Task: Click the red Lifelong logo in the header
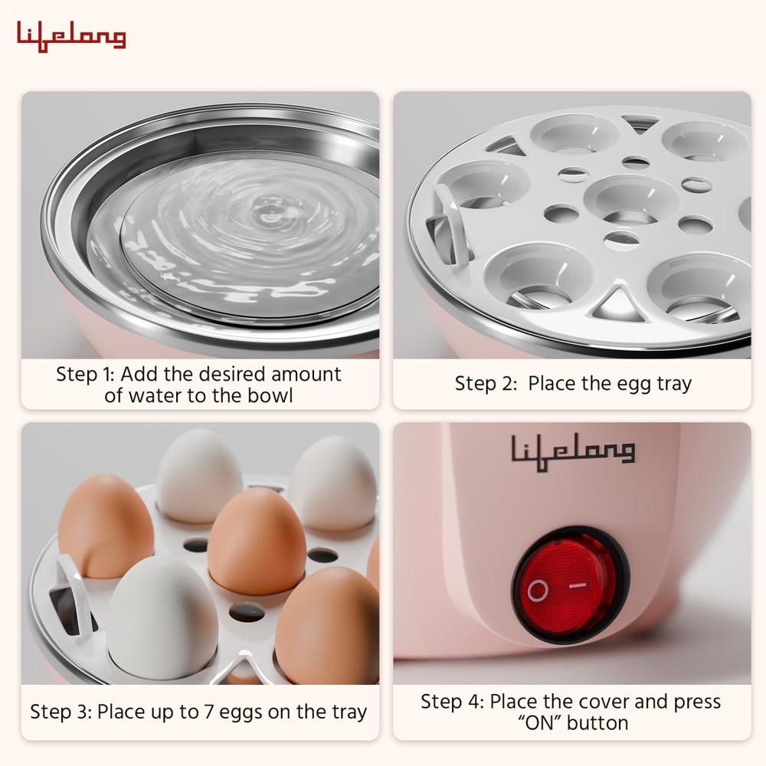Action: (x=71, y=37)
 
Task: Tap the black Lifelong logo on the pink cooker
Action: (x=573, y=450)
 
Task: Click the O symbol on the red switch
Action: (x=538, y=590)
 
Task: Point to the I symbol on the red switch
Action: (x=580, y=584)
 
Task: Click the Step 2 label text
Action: (x=486, y=383)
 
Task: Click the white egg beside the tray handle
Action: (x=162, y=616)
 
